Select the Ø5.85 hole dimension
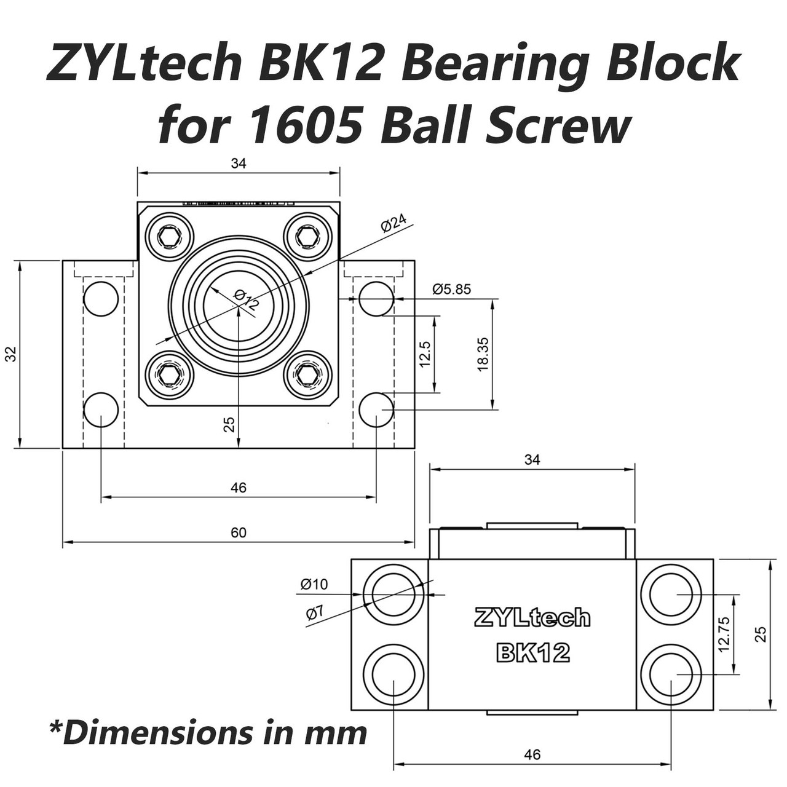(x=451, y=288)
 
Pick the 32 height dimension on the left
(x=11, y=354)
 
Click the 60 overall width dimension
(x=239, y=532)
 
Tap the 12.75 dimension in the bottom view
(x=724, y=634)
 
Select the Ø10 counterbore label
(x=314, y=584)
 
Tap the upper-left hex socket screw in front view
(x=169, y=236)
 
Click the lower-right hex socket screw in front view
(x=308, y=374)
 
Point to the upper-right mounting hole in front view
(x=376, y=299)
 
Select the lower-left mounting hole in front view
(x=101, y=410)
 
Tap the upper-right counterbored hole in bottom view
(x=671, y=594)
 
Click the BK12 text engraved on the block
(x=532, y=652)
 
